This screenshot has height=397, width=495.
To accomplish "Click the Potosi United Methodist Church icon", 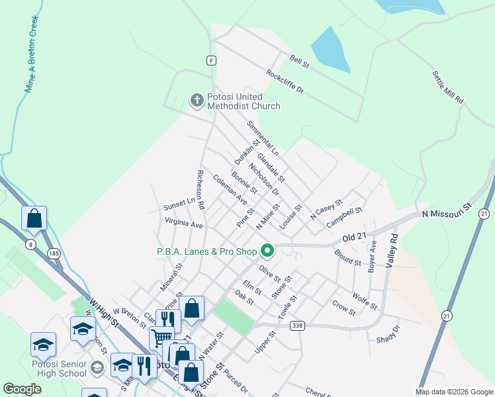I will [x=197, y=101].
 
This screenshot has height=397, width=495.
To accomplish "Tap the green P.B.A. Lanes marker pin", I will [x=267, y=251].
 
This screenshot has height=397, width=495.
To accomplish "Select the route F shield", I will [x=211, y=60].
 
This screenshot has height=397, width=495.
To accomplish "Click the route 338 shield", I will [x=297, y=326].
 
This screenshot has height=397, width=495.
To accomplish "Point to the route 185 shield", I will [x=54, y=253].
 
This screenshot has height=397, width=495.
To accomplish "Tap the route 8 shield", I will [x=32, y=245].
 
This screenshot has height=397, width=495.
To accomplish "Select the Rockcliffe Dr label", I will [x=285, y=82].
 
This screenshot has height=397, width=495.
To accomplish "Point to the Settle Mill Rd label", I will [x=448, y=87].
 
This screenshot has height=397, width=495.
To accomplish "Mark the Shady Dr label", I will [x=388, y=333].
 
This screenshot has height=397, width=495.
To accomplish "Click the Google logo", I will [x=22, y=389].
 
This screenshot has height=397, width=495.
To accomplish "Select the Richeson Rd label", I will [x=200, y=187].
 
